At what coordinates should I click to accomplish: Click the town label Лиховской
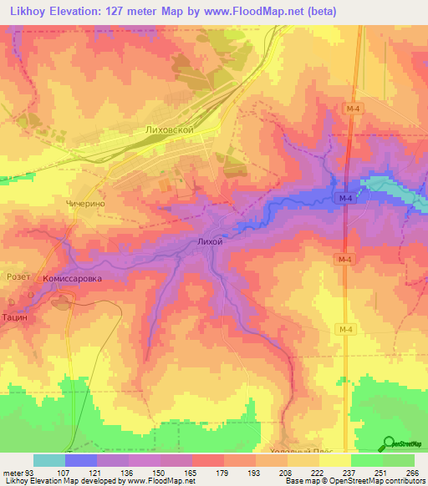click(x=170, y=131)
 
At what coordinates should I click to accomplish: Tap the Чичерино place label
click(x=88, y=203)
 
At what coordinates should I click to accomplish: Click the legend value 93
click(x=28, y=473)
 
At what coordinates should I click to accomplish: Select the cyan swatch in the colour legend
click(x=48, y=460)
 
